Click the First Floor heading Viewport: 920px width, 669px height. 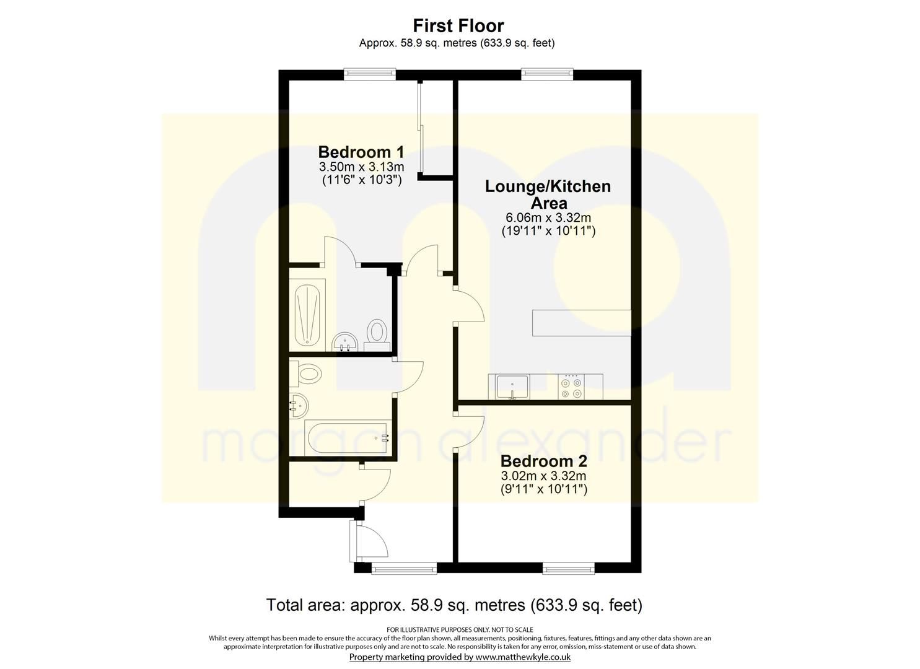[x=458, y=26]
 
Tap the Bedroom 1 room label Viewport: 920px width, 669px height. [x=361, y=152]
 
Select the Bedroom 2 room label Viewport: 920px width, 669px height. [x=543, y=461]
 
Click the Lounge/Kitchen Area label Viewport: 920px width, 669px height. [x=548, y=195]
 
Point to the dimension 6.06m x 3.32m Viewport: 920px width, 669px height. [x=548, y=218]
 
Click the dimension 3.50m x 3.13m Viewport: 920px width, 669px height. [x=361, y=167]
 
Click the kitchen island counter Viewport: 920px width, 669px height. [x=581, y=323]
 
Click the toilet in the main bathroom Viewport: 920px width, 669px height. [x=307, y=374]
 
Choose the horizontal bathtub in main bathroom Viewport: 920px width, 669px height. [x=348, y=437]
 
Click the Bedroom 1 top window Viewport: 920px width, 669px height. [x=370, y=74]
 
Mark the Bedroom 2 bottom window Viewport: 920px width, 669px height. [x=568, y=567]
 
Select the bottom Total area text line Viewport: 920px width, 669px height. [x=453, y=605]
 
